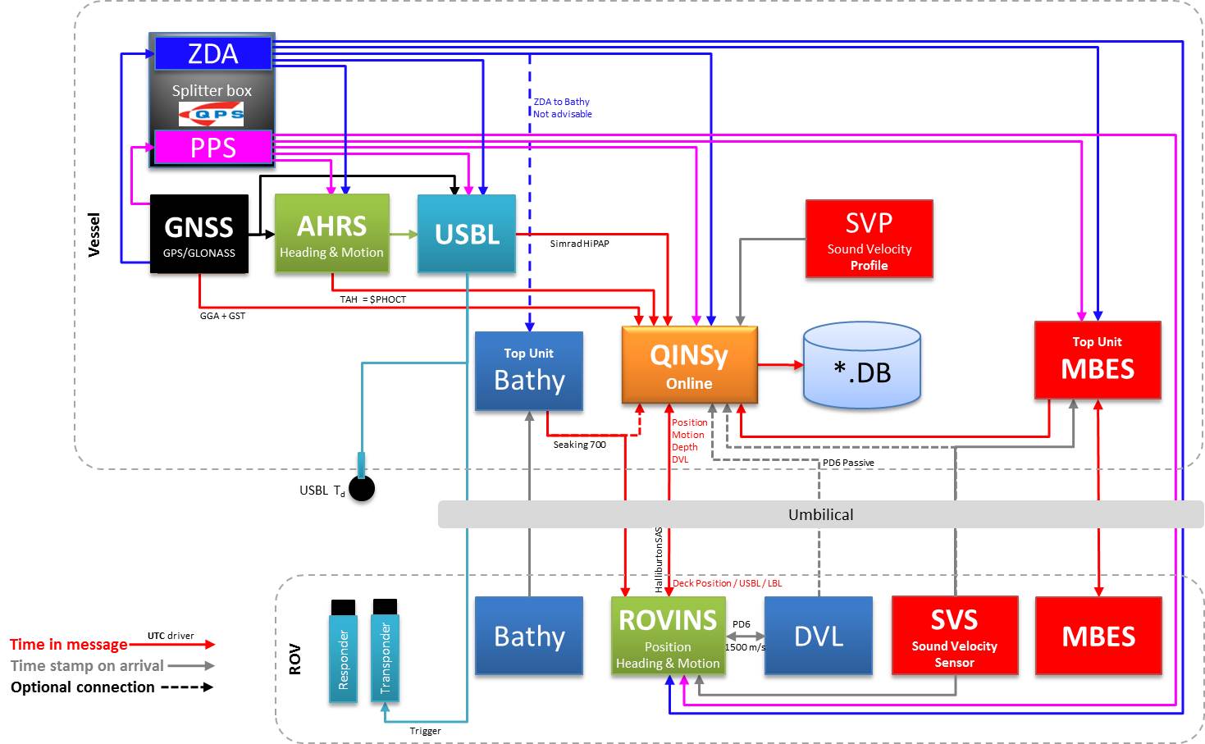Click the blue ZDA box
point(212,54)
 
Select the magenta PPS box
point(212,148)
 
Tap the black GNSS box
point(199,234)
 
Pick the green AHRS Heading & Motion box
point(331,234)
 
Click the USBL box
point(467,234)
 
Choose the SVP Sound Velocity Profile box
point(869,239)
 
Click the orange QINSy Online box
point(689,365)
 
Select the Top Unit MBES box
point(1098,360)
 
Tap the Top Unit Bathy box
point(529,371)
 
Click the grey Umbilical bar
point(820,514)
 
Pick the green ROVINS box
point(668,637)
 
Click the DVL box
point(819,637)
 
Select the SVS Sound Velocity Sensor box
point(954,637)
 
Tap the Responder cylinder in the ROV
point(343,651)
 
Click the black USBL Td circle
point(362,489)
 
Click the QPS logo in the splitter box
point(212,114)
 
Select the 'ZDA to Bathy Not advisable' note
point(562,107)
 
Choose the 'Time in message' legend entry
point(69,645)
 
